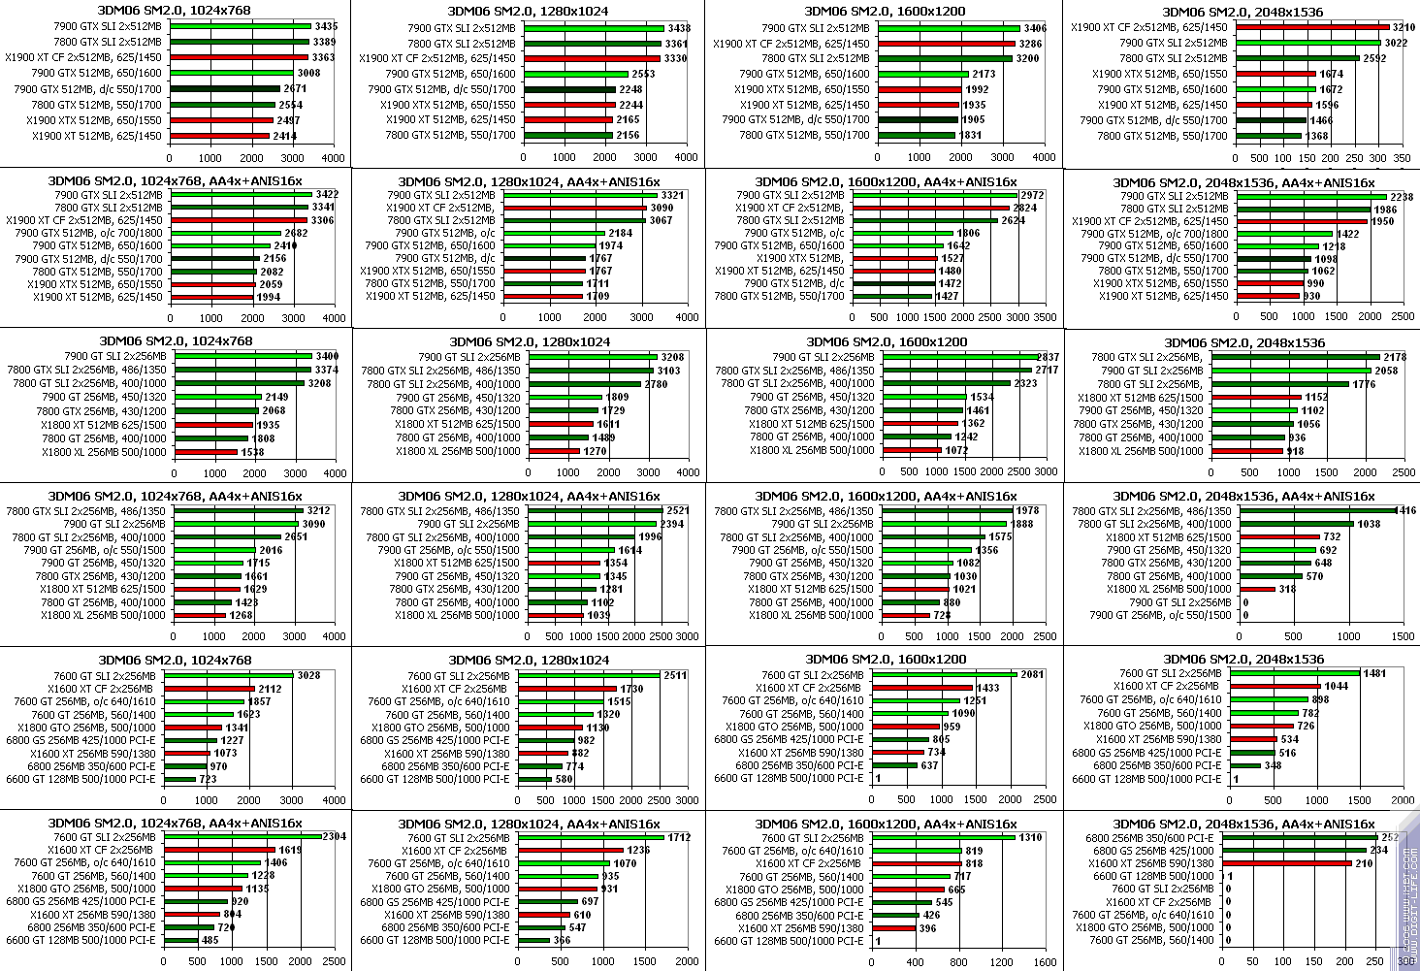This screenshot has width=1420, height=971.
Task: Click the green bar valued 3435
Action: coord(240,26)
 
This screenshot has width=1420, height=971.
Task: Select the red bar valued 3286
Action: coord(946,44)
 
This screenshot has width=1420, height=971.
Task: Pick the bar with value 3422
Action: coord(240,194)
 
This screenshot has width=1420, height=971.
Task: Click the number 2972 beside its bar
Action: coord(1032,196)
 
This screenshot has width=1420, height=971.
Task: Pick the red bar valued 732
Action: coord(1275,536)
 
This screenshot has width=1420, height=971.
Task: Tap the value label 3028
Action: coord(308,675)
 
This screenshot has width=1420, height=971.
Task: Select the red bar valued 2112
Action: coord(210,688)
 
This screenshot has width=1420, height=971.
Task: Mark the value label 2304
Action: coord(334,836)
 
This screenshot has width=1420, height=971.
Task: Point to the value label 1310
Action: coord(1032,837)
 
